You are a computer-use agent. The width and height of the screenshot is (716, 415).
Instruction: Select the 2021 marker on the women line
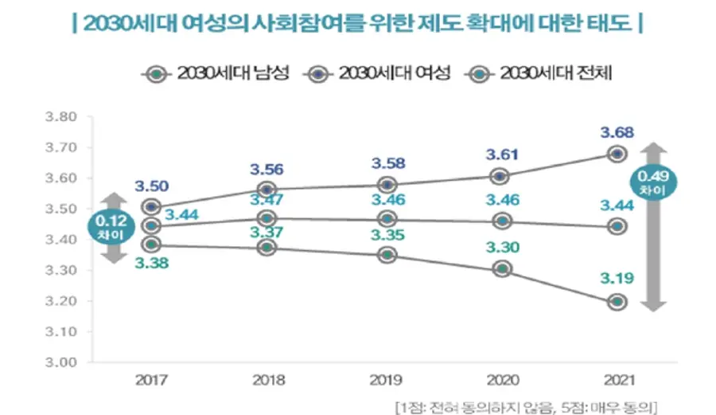coord(617,154)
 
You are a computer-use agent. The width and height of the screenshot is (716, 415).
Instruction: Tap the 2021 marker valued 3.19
coord(617,302)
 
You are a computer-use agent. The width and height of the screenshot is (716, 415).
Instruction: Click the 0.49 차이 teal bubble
coord(651,182)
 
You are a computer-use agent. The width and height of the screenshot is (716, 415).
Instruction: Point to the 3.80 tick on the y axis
coord(60,117)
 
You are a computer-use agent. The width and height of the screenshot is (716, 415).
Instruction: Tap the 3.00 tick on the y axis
coord(60,362)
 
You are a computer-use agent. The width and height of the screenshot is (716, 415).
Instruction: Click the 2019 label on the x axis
coord(387,381)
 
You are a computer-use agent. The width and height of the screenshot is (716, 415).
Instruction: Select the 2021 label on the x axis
coord(617,381)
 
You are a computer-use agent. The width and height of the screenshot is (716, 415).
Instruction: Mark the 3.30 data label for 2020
coord(501,247)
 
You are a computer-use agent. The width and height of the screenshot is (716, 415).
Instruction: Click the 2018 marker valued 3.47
coord(267,217)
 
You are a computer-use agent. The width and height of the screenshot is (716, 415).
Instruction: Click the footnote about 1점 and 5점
coord(527,407)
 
